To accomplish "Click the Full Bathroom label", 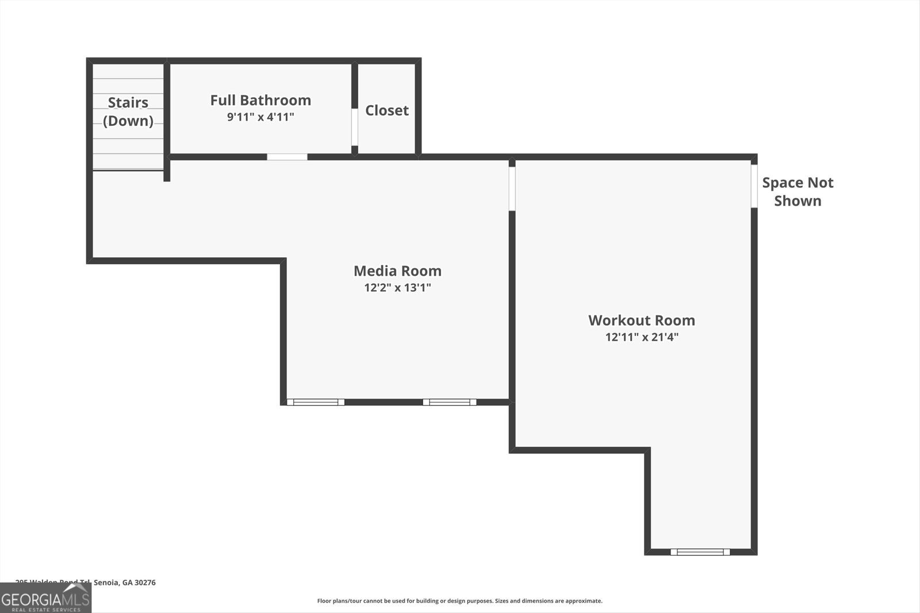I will [260, 100].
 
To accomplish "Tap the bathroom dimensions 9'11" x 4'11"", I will [260, 117].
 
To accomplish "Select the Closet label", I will [387, 110].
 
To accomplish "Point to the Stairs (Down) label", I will [128, 111].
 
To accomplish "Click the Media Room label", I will [397, 271].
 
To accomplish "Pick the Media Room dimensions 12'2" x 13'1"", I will [397, 287].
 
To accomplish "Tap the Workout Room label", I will [642, 320].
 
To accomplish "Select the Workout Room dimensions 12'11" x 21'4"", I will [642, 337].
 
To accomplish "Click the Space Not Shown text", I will [798, 191].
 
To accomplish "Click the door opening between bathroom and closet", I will [355, 126].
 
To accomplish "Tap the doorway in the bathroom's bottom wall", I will [287, 157].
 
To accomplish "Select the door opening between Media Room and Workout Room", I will [512, 188].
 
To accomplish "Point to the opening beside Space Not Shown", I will [754, 186].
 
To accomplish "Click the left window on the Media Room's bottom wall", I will [316, 402].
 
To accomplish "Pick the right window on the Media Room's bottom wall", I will [450, 402].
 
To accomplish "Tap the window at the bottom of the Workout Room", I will [700, 552].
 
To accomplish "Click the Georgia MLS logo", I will [45, 599].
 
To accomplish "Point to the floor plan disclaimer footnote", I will [459, 601].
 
